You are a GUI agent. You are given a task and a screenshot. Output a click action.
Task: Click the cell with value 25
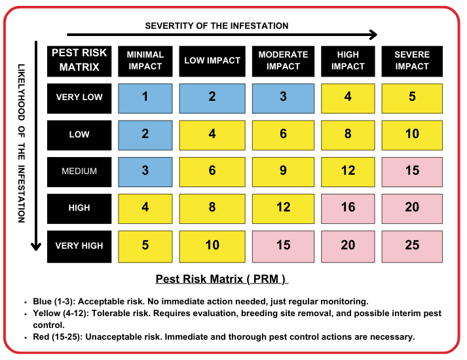(412, 245)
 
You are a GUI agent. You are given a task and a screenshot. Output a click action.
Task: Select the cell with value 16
(348, 207)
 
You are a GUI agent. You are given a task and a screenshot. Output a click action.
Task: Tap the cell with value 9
(283, 171)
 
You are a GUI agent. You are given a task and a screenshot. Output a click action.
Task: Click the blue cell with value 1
(145, 97)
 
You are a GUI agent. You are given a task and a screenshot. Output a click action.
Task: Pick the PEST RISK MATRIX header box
(79, 60)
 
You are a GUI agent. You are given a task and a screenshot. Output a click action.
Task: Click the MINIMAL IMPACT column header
(145, 60)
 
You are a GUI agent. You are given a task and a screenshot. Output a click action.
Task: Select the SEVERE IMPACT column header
(412, 60)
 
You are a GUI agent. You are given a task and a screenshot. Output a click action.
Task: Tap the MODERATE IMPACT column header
(283, 60)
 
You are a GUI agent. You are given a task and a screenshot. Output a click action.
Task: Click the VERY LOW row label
(79, 97)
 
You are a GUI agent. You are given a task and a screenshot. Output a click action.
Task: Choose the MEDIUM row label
(79, 171)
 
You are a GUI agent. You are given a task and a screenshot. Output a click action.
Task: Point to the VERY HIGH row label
(79, 245)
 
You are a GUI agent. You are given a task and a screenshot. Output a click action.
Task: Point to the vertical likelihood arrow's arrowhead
(35, 246)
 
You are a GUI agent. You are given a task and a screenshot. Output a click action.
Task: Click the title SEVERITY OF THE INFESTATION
(217, 26)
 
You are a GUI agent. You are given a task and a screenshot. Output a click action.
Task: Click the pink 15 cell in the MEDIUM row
(412, 171)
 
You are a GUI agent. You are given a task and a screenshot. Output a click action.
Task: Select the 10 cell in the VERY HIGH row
(212, 245)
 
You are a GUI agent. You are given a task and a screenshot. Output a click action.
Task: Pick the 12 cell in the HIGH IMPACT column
(348, 171)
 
